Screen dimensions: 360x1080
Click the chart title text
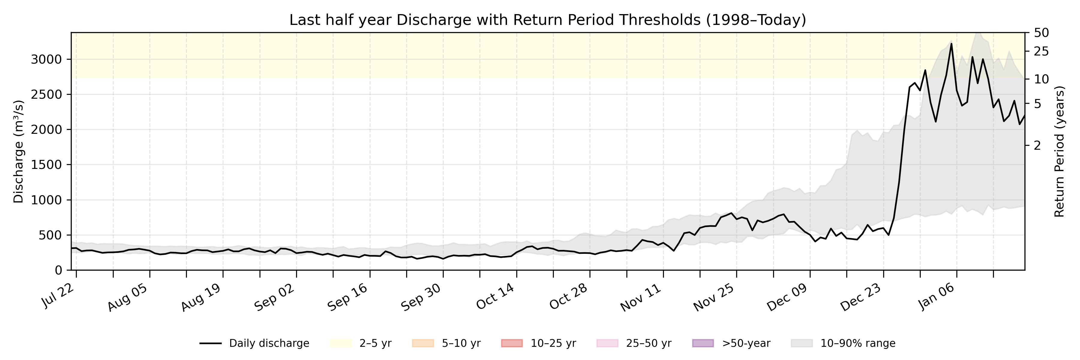pyautogui.click(x=547, y=20)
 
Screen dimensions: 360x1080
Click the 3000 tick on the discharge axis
pyautogui.click(x=46, y=59)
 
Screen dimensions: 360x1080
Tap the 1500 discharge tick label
pyautogui.click(x=46, y=165)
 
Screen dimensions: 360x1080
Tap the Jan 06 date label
pyautogui.click(x=937, y=297)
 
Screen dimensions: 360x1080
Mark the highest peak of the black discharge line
pyautogui.click(x=951, y=43)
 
